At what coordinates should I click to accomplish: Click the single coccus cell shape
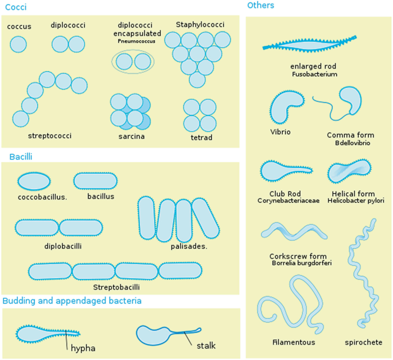click(x=18, y=44)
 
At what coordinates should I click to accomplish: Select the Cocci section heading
click(x=15, y=7)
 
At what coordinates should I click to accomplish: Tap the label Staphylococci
click(x=200, y=25)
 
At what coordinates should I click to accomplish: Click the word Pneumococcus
click(x=136, y=41)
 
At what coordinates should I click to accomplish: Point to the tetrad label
click(x=201, y=138)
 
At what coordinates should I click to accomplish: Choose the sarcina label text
click(x=131, y=137)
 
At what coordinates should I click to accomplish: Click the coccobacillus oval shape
click(x=34, y=181)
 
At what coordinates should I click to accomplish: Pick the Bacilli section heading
click(x=20, y=156)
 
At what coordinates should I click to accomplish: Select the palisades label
click(x=189, y=246)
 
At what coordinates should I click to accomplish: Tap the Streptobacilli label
click(x=116, y=287)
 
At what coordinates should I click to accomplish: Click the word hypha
click(x=83, y=348)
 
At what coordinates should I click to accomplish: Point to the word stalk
click(x=206, y=346)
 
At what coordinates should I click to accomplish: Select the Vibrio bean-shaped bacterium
click(x=287, y=107)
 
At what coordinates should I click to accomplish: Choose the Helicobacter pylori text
click(x=356, y=201)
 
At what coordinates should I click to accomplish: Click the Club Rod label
click(x=285, y=194)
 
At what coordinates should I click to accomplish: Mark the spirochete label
click(x=363, y=342)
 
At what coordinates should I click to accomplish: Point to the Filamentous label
click(x=294, y=342)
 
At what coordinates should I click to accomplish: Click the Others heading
click(x=260, y=6)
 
